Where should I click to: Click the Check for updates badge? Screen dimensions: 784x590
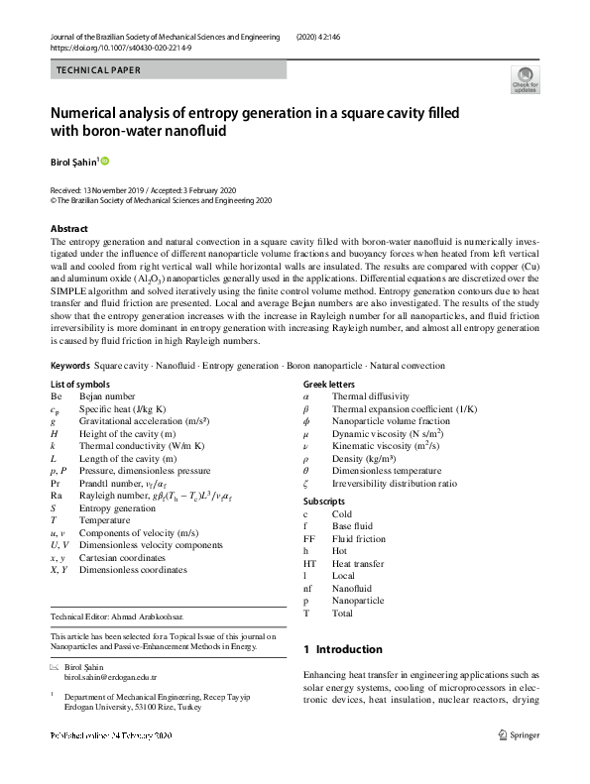point(525,78)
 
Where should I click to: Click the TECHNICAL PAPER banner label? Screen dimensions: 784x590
point(98,70)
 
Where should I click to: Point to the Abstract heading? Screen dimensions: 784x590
point(69,229)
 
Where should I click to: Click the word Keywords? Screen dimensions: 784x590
point(70,366)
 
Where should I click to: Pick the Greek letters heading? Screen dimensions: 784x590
point(328,384)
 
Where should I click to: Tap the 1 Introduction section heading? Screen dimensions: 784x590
point(342,649)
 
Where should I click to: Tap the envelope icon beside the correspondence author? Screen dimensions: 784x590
point(55,666)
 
